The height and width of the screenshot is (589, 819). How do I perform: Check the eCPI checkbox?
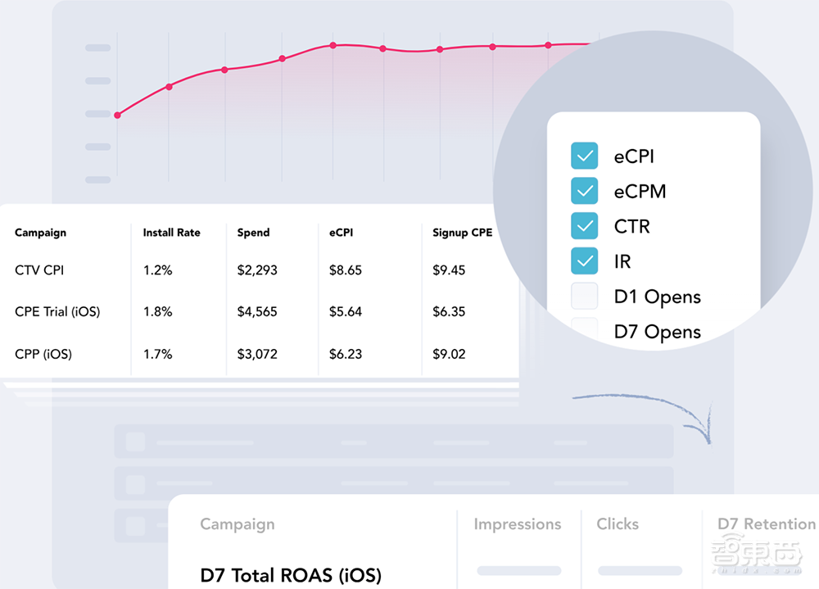pos(584,156)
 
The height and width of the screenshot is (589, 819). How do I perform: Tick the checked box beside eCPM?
pos(584,192)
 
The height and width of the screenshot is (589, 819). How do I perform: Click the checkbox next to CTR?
pos(584,226)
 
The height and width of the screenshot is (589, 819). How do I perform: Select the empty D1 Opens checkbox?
pos(584,297)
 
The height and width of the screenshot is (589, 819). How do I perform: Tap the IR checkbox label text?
pos(622,262)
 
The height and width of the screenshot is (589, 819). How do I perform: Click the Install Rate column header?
pos(171,233)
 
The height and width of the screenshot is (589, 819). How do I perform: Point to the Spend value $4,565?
pos(257,312)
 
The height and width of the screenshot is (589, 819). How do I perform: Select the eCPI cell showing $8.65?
pos(345,270)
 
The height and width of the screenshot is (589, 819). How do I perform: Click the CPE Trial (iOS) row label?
pos(57,312)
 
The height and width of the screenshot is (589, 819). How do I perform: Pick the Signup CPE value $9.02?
pos(449,355)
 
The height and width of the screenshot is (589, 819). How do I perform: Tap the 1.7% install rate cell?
pos(157,355)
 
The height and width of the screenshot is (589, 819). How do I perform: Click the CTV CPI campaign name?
pos(39,270)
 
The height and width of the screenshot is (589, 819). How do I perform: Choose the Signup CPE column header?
pos(462,233)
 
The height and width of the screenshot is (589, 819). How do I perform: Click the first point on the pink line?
pos(117,116)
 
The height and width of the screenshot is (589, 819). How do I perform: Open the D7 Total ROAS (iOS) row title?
pos(291,575)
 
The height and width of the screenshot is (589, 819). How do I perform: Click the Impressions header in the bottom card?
pos(518,524)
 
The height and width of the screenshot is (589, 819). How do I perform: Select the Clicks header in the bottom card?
pos(618,524)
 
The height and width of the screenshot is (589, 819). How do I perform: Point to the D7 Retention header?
pos(766,524)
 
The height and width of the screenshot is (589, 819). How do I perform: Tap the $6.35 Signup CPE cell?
pos(449,312)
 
